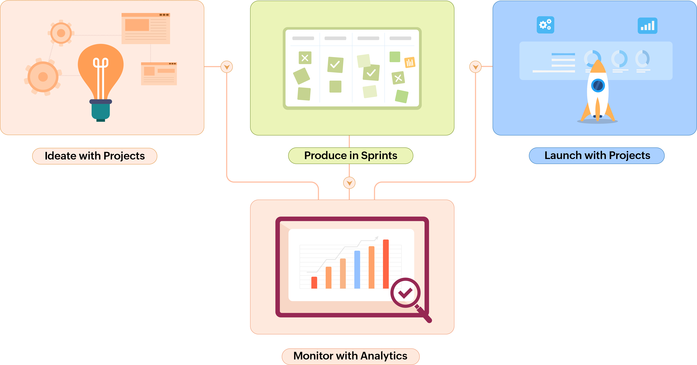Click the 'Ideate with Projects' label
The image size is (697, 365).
pos(95,156)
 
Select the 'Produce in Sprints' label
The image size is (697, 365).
pos(351,156)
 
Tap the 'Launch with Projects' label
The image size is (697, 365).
pos(597,156)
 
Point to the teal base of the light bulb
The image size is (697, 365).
pos(101,111)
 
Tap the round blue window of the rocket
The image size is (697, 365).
pos(598,85)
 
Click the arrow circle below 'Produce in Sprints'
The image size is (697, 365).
pos(349,183)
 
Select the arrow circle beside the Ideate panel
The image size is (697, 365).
pos(227,67)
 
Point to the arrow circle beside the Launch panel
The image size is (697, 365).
pos(475,67)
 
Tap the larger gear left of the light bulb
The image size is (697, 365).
pos(43,77)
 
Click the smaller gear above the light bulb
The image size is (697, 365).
pos(61,33)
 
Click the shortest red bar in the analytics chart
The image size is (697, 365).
pos(314,283)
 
